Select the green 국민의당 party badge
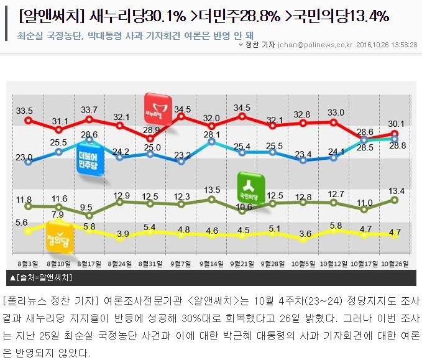click(x=252, y=187)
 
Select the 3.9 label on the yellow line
click(x=122, y=234)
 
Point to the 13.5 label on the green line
click(x=213, y=190)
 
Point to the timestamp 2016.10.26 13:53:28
click(x=387, y=45)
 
